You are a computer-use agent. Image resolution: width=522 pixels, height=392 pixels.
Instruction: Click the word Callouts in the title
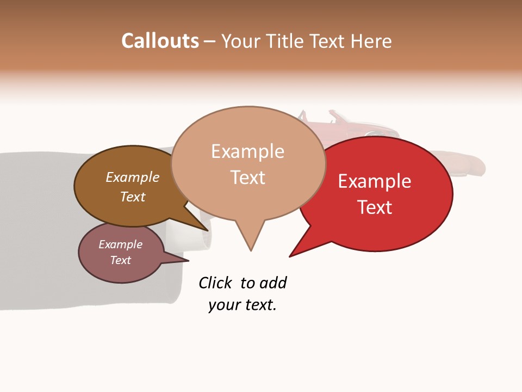(x=160, y=41)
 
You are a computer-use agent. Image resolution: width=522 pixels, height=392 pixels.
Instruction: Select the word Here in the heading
(x=371, y=41)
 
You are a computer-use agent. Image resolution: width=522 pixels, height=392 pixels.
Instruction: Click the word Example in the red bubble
(x=375, y=181)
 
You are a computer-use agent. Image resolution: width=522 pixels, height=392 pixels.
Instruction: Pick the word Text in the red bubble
(x=375, y=207)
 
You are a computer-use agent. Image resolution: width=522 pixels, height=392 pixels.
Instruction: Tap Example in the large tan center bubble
(x=247, y=151)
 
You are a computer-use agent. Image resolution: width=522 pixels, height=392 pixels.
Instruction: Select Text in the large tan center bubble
(x=247, y=177)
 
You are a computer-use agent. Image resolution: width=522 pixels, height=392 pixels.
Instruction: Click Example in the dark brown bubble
(x=132, y=177)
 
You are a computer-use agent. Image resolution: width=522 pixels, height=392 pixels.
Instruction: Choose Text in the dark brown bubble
(x=132, y=197)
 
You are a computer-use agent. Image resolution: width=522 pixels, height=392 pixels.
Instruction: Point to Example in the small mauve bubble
(x=120, y=244)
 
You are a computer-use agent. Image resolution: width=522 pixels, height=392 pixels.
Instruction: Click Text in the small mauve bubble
(x=120, y=260)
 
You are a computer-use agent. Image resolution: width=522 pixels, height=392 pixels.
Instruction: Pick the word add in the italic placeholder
(x=272, y=283)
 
